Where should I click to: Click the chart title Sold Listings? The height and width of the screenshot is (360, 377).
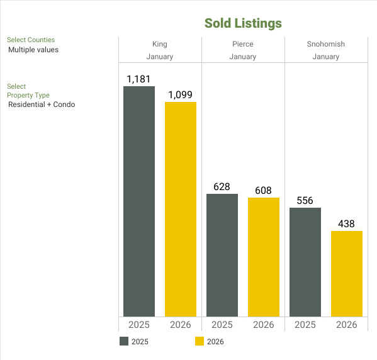243,23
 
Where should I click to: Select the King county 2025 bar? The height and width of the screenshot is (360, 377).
139,201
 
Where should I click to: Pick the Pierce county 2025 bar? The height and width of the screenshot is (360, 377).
222,255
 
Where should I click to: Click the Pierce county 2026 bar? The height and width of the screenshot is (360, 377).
264,257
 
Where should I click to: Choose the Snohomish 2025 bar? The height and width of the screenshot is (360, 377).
305,262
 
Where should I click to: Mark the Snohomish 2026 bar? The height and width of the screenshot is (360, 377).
347,274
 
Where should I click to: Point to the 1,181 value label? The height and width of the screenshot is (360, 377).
139,79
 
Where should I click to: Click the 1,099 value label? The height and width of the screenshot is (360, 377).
181,95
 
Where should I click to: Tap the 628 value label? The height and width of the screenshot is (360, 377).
222,187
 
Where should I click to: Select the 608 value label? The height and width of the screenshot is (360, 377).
264,191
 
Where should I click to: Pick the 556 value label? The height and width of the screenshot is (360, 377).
305,201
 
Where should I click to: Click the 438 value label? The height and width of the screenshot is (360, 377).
347,224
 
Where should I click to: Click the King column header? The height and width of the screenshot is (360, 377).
160,44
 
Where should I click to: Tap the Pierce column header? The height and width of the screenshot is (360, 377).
243,44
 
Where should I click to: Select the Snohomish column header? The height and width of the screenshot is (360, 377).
326,44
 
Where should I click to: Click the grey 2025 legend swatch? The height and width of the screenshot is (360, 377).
124,342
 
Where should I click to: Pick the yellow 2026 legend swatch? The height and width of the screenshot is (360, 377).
200,342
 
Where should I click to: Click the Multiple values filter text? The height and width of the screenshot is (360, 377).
33,50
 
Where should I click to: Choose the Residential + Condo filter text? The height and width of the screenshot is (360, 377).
42,104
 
